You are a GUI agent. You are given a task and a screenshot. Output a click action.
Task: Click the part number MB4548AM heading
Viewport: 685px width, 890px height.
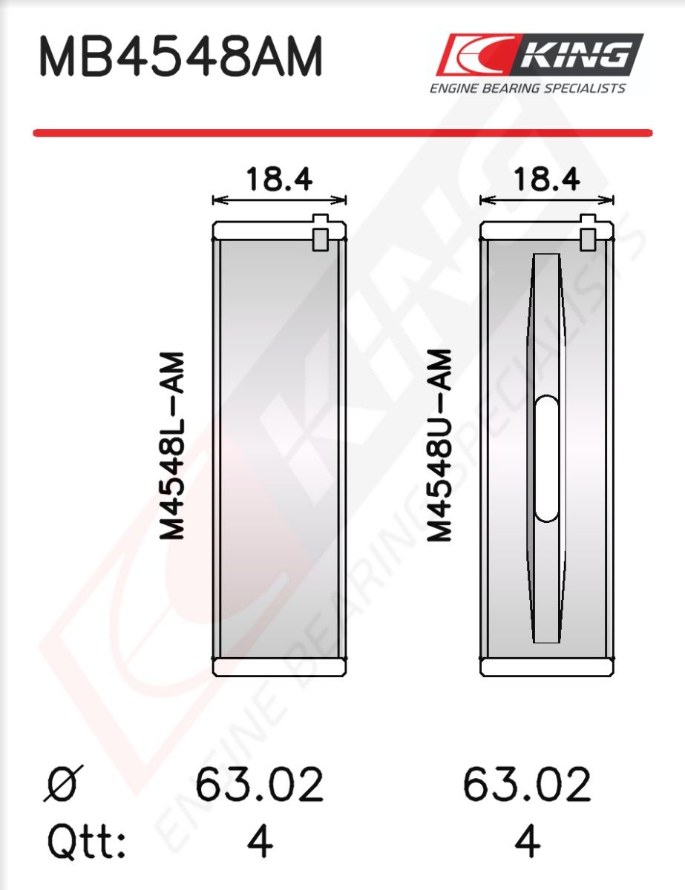pos(180,56)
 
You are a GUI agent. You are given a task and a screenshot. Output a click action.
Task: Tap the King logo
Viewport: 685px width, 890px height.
pos(539,54)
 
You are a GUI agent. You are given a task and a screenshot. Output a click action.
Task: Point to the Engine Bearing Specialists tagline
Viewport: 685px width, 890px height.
pos(528,88)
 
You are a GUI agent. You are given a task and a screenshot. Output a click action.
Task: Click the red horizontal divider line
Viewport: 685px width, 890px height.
pos(343,133)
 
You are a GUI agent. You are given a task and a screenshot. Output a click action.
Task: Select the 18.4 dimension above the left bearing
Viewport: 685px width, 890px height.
pos(279,179)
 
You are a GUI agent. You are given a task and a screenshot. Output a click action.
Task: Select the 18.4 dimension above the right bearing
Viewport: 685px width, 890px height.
pos(546,179)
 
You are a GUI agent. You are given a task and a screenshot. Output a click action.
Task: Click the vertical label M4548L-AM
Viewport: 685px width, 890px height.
pos(172,446)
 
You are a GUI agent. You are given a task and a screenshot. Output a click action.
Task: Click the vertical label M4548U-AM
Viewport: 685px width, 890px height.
pos(439,446)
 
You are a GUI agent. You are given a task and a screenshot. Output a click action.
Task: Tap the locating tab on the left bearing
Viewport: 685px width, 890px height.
pos(321,232)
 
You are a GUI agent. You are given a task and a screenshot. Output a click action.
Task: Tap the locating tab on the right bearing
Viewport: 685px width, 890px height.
pos(588,232)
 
